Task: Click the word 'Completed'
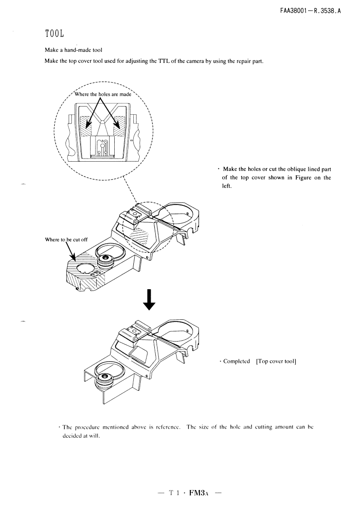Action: [237, 361]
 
